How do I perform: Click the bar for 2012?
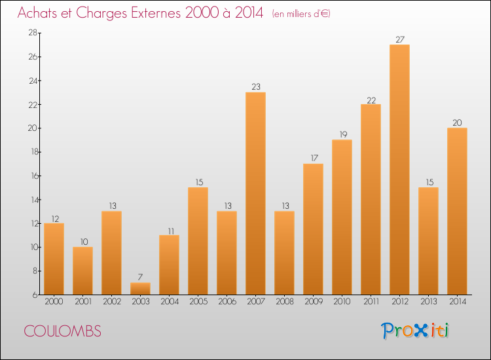(399, 170)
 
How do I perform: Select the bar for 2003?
(140, 289)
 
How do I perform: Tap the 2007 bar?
(255, 193)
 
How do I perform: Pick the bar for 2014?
(457, 211)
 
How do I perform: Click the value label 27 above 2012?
(399, 39)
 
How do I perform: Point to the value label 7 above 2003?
(140, 278)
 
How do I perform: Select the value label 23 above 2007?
(255, 87)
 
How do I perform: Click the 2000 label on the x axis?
(54, 302)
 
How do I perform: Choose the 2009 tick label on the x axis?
(313, 302)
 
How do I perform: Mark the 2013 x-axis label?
(428, 302)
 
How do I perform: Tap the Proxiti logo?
(415, 331)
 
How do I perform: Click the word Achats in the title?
(40, 13)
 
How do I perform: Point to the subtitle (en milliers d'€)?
(301, 14)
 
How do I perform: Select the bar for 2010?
(342, 217)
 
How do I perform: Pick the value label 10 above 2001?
(82, 242)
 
